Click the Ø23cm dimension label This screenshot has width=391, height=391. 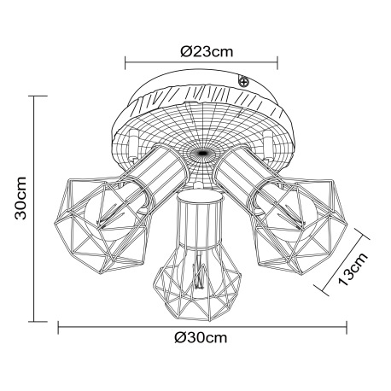202,50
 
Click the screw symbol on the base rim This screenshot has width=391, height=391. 244,82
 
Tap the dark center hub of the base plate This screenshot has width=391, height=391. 201,155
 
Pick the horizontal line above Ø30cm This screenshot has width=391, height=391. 202,324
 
